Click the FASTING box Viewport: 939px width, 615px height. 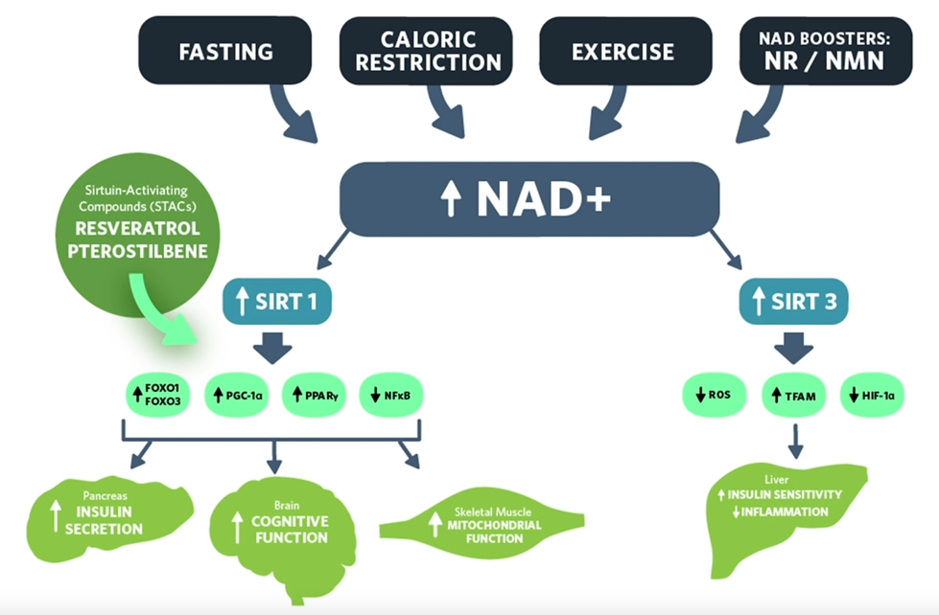pos(225,51)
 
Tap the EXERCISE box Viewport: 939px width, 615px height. pos(623,51)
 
